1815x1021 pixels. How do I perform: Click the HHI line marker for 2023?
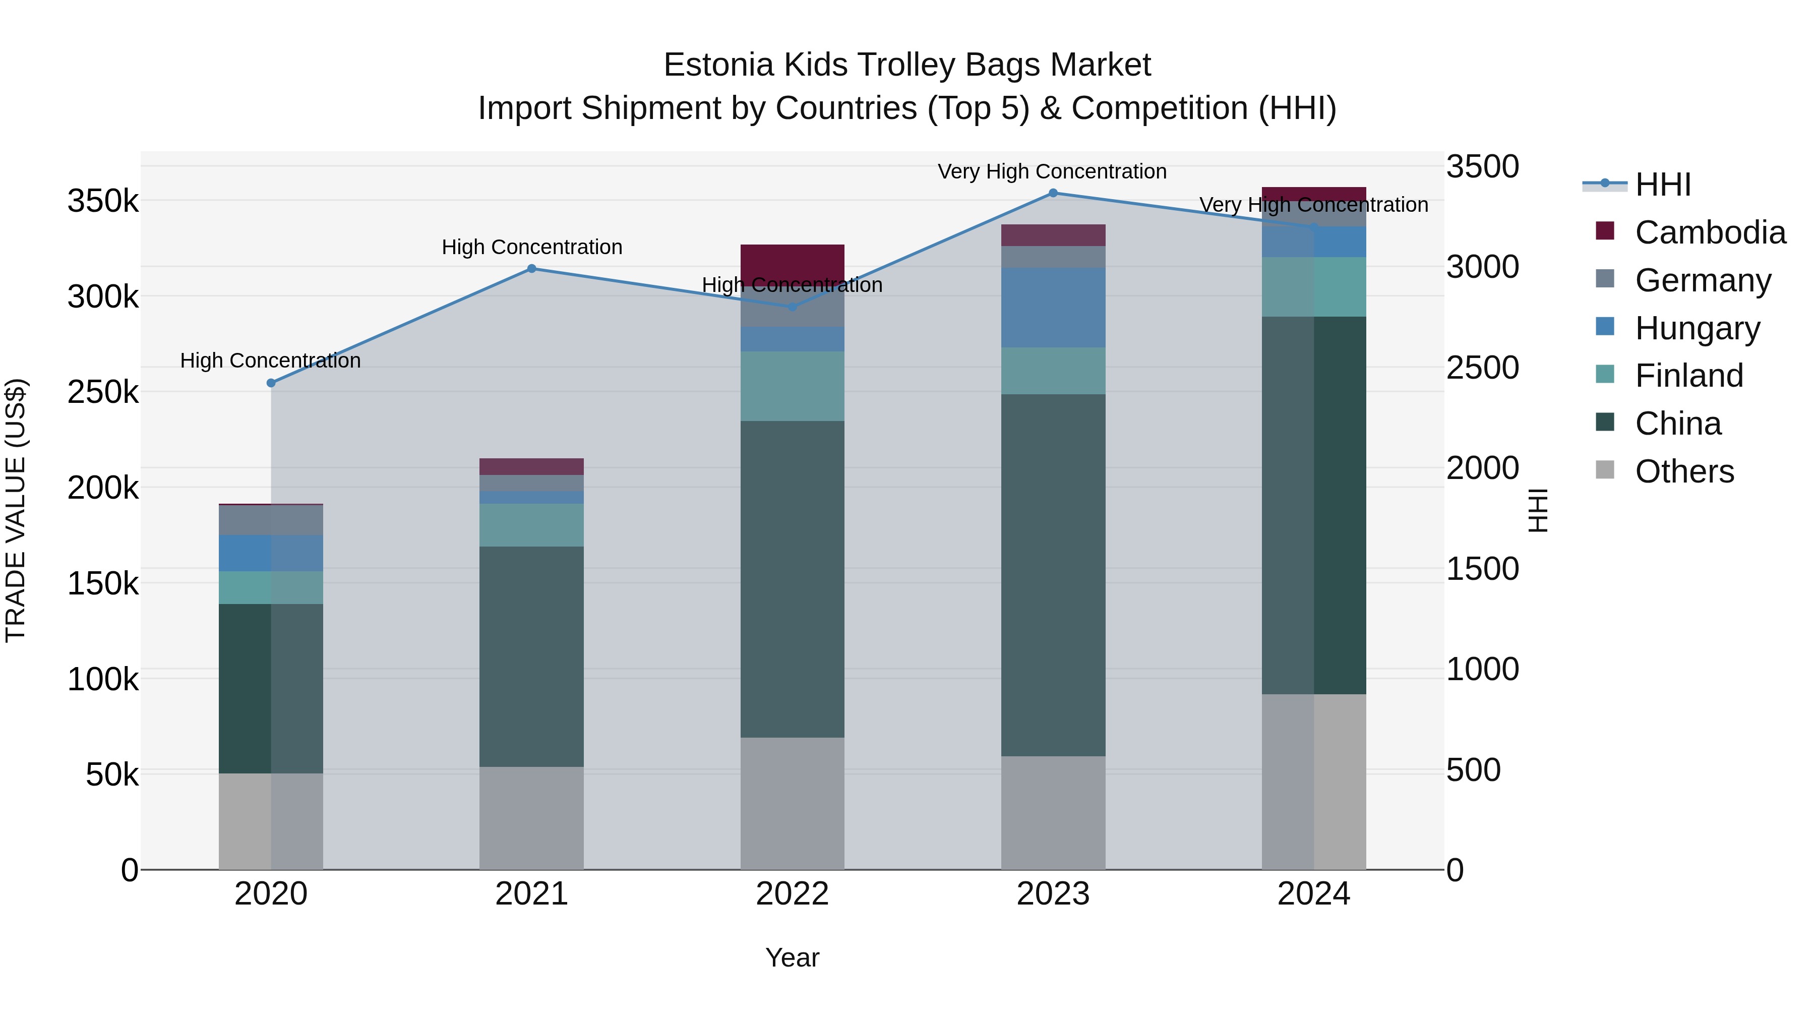pos(1053,193)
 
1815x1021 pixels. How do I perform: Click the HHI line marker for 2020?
pos(271,383)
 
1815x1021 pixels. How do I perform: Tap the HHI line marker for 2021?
pos(532,268)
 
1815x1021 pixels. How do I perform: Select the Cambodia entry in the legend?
pos(1710,232)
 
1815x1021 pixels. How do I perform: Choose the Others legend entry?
pos(1684,471)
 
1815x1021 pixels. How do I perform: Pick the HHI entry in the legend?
pos(1663,185)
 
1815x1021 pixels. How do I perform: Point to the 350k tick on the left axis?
pos(103,202)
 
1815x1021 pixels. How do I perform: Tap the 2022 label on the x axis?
pos(792,894)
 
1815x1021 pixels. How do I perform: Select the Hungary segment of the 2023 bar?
pos(1053,307)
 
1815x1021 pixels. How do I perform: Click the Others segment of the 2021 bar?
pos(532,817)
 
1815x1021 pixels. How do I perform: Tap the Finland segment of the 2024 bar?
pos(1313,287)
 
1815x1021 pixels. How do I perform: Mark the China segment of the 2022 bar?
pos(792,579)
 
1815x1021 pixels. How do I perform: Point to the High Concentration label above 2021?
pos(532,248)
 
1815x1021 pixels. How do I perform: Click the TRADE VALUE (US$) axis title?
pos(16,510)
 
